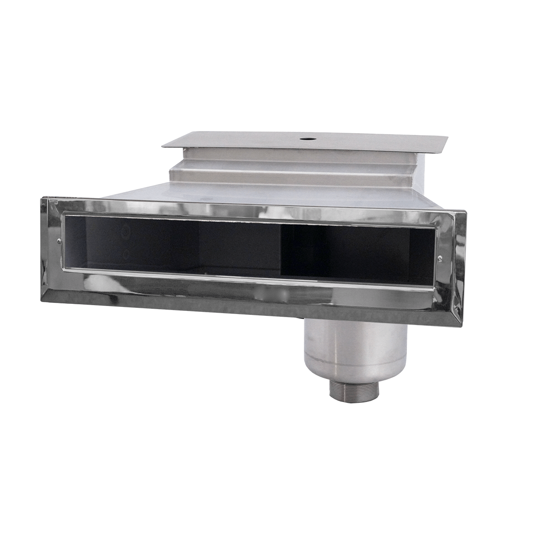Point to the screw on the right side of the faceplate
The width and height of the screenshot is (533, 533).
pos(439,257)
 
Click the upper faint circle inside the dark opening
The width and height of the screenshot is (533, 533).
pos(125,232)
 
